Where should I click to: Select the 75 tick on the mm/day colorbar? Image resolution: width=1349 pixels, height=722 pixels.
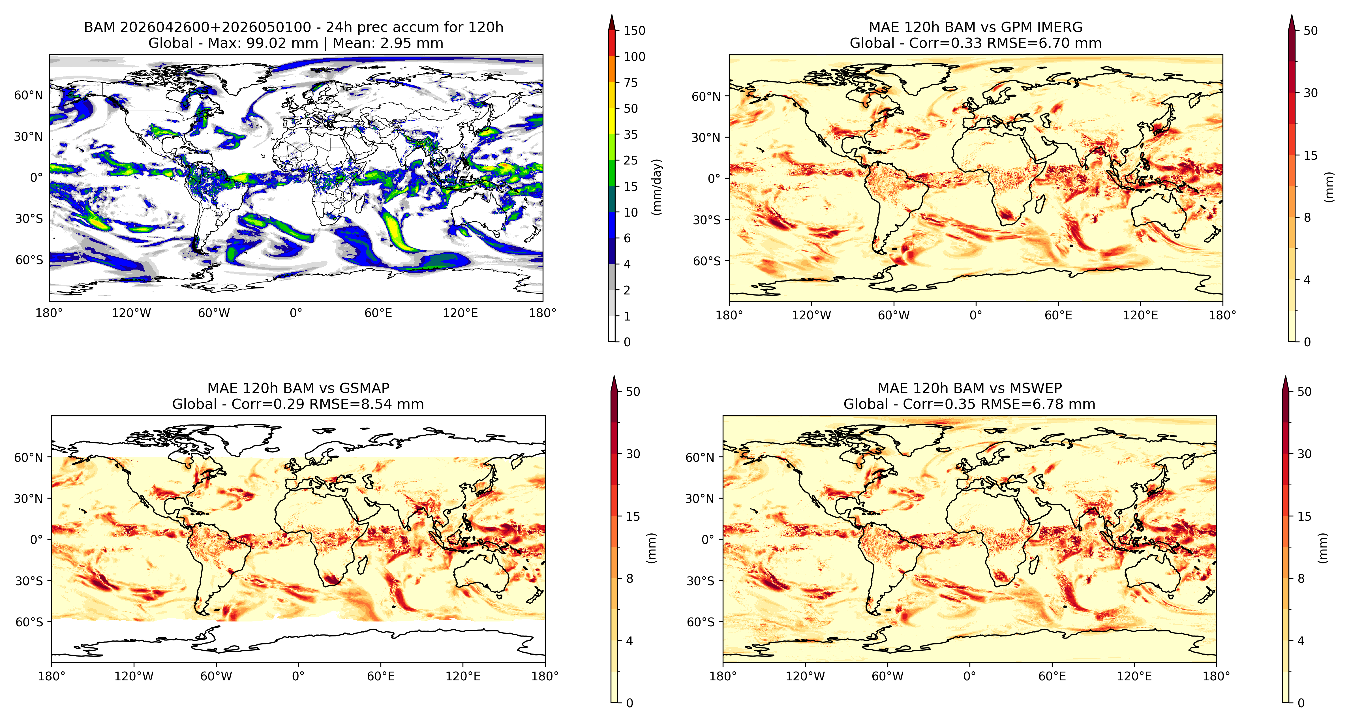tap(631, 82)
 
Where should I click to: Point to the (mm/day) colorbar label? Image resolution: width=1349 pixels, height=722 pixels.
tap(657, 187)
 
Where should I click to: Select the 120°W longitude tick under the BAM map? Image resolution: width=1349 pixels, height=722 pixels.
tap(131, 313)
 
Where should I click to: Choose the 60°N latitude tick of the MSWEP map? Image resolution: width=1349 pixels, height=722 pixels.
tap(700, 457)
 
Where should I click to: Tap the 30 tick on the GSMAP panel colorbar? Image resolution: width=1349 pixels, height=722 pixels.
tap(633, 454)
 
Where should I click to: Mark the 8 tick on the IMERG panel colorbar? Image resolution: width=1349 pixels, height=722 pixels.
tap(1307, 217)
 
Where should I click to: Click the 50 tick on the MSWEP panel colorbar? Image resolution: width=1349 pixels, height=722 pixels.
tap(1304, 391)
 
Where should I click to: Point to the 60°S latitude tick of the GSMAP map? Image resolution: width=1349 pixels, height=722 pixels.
tap(29, 622)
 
